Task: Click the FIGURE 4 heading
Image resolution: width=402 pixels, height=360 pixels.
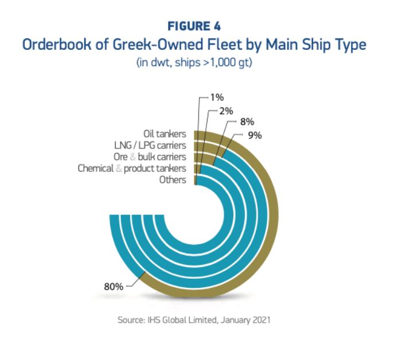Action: point(195,26)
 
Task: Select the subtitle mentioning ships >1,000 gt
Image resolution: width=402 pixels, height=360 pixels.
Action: point(194,62)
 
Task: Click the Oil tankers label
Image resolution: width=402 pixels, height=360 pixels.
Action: point(165,134)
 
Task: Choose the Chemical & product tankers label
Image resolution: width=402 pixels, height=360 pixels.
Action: point(132,169)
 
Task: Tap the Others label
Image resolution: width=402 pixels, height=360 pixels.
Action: point(174,180)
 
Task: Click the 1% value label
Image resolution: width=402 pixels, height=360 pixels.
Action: point(217,97)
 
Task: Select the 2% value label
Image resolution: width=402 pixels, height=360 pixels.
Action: point(232,110)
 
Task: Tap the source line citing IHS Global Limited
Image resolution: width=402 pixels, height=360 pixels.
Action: point(194,320)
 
